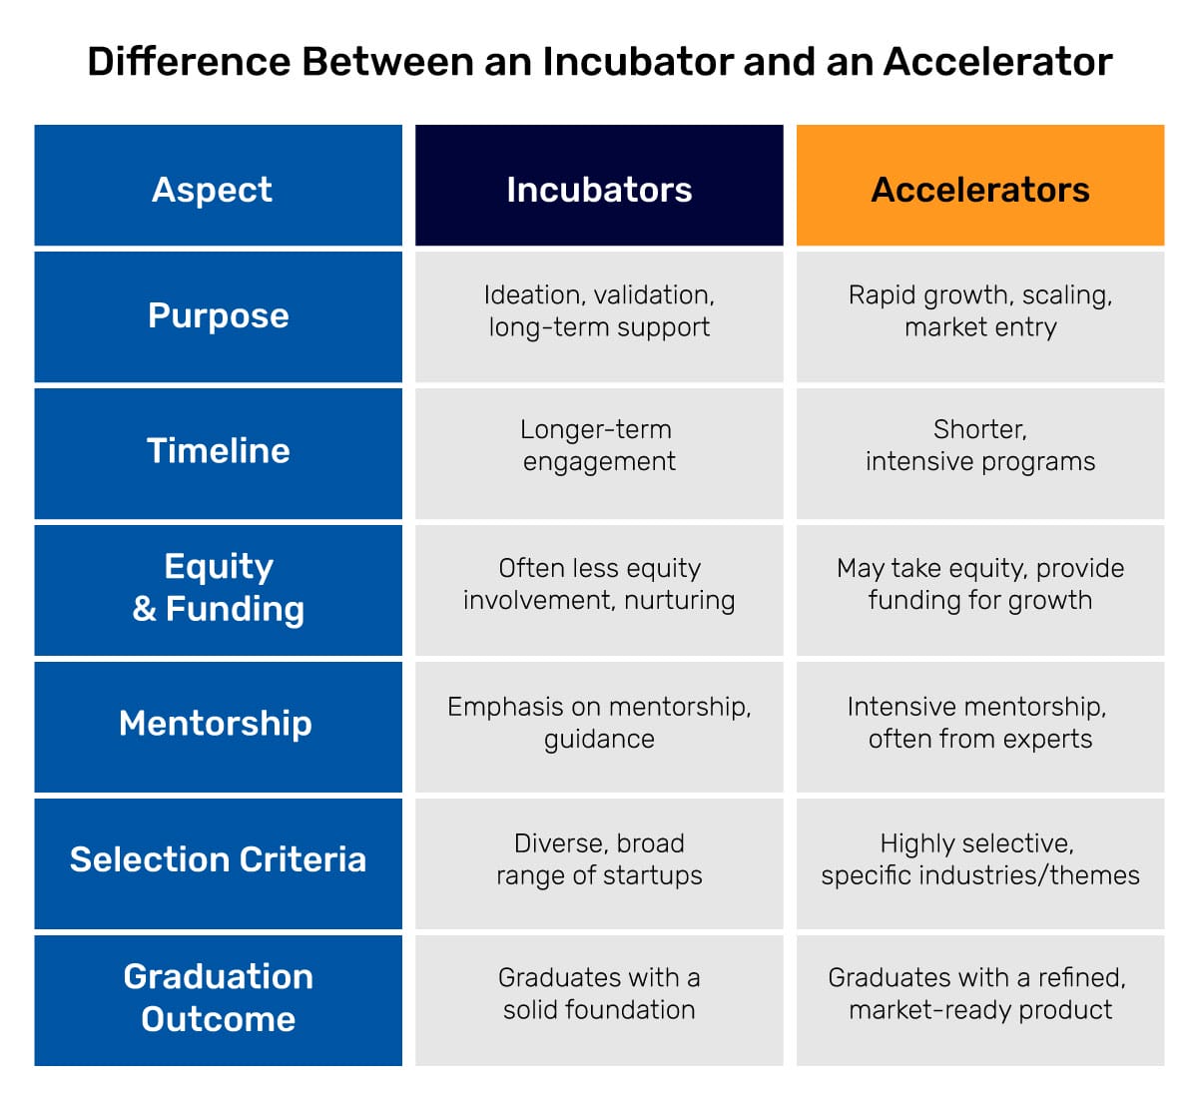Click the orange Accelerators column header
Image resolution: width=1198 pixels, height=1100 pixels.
pos(979,187)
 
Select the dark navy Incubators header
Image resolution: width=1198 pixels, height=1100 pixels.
pos(599,187)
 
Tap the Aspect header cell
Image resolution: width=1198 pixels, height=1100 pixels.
pos(218,187)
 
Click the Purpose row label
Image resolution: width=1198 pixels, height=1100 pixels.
pos(218,316)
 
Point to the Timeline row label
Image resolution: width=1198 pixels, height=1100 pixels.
pos(218,451)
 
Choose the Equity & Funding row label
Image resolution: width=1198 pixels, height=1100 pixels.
pos(218,588)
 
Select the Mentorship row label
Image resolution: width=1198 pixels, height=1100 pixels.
pos(218,724)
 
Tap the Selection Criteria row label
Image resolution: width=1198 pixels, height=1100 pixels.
pos(218,860)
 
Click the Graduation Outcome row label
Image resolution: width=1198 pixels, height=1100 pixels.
pos(218,997)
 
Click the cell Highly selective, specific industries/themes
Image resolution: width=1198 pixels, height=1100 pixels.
pos(979,859)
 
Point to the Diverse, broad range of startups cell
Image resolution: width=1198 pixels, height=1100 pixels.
pos(599,859)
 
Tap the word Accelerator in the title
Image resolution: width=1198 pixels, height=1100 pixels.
pos(997,62)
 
